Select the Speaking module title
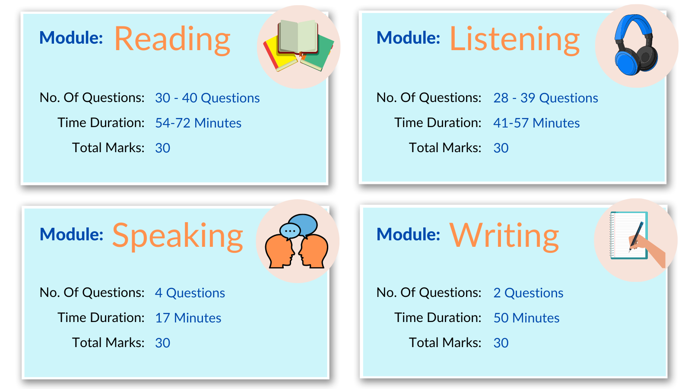pos(178,236)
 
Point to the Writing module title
pos(504,236)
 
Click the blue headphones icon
pos(636,45)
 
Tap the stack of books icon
pos(298,45)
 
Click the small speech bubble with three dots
pos(290,231)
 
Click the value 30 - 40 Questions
pos(207,98)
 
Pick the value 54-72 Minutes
pos(198,123)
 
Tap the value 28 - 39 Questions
pos(545,98)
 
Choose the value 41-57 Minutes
pos(536,123)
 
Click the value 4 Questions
pos(190,293)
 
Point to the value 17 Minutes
pos(188,318)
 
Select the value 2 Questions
pos(528,293)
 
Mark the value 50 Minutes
pos(526,318)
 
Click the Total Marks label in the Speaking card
pos(108,342)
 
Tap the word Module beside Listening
pos(408,38)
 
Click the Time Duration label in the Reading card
pos(101,123)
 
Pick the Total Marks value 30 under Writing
pos(501,343)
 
